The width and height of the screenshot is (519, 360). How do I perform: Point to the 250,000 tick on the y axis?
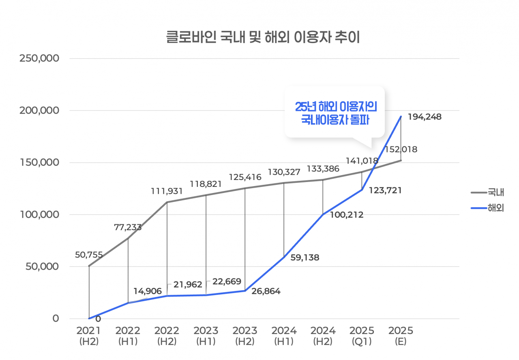pyautogui.click(x=40, y=58)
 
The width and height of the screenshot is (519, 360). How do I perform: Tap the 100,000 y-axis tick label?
pyautogui.click(x=40, y=214)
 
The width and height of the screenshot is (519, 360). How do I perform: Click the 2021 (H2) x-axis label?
pyautogui.click(x=89, y=336)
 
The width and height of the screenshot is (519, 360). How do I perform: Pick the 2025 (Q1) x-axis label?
pyautogui.click(x=362, y=336)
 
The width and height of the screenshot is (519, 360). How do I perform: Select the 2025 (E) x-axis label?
pyautogui.click(x=401, y=336)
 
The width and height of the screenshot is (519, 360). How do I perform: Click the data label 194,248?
pyautogui.click(x=425, y=117)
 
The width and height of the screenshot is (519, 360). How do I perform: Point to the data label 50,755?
pyautogui.click(x=89, y=255)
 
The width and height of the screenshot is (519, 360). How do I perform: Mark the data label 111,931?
pyautogui.click(x=166, y=191)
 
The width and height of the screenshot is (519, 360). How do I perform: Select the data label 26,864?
pyautogui.click(x=266, y=291)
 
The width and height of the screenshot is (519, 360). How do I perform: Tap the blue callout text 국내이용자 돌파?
pyautogui.click(x=335, y=120)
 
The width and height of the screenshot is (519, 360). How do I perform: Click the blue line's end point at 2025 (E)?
pyautogui.click(x=401, y=117)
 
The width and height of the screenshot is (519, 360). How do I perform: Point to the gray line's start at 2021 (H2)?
pyautogui.click(x=89, y=266)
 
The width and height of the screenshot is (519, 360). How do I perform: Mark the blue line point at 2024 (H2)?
pyautogui.click(x=323, y=214)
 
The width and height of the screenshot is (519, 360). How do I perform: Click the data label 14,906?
pyautogui.click(x=148, y=291)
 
